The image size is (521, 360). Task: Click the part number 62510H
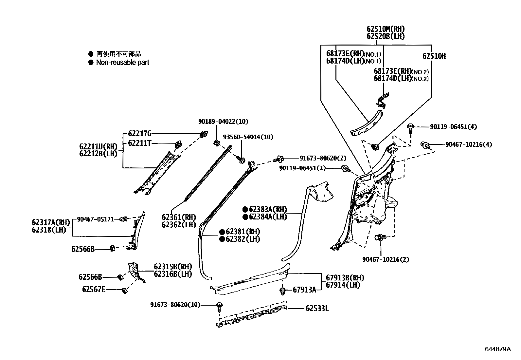pos(434,56)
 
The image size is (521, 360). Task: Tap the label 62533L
pos(317,308)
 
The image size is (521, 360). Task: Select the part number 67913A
pos(304,290)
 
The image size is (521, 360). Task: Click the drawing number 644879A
pos(497,349)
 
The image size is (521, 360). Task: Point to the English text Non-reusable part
pos(122,62)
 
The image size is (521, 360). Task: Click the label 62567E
pos(94,290)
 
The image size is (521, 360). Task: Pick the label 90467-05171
pos(96,219)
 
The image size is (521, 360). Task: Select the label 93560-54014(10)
pos(248,137)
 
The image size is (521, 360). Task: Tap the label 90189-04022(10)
pos(223,121)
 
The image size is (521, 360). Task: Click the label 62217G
pos(139,133)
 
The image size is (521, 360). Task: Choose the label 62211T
pos(139,143)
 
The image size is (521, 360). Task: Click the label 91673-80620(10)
pos(175,305)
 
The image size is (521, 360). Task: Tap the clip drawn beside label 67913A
pos(283,291)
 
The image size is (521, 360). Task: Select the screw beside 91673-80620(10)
pos(219,306)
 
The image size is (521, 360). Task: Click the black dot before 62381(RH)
pos(222,232)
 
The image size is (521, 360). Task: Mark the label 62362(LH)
pos(178,225)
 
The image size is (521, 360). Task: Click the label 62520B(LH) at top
pos(386,36)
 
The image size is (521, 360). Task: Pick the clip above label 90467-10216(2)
pos(380,238)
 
